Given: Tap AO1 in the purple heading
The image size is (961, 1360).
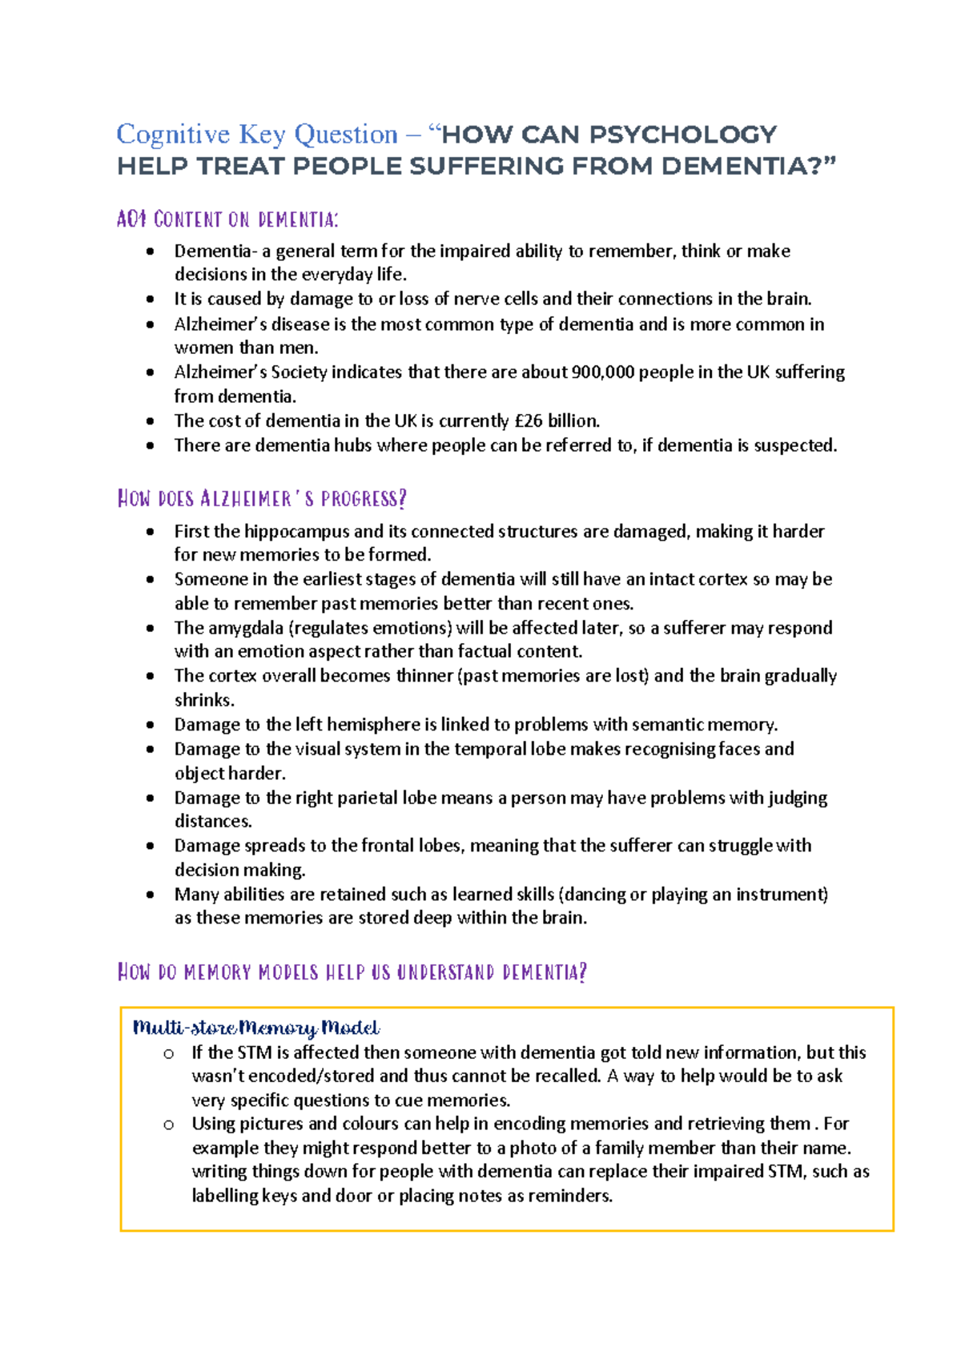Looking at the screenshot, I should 131,219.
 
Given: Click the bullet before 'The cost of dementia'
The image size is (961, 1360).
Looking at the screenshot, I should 151,421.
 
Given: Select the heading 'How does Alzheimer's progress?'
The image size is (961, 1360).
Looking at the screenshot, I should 262,499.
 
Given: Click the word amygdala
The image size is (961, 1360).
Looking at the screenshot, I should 246,628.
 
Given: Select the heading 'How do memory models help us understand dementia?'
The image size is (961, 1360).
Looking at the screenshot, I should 352,972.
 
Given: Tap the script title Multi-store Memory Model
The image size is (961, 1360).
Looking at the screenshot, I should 256,1028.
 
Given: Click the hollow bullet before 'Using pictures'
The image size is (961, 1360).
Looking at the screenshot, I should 168,1125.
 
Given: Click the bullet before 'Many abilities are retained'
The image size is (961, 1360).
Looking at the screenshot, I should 151,895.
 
